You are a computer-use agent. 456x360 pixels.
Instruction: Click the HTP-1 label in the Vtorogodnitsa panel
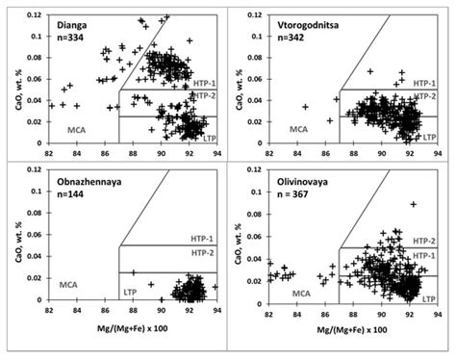(425, 84)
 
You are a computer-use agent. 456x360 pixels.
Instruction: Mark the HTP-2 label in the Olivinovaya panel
(425, 240)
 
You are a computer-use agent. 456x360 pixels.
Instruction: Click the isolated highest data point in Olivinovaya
(414, 204)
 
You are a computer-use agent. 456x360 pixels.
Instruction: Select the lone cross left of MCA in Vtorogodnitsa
(305, 107)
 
